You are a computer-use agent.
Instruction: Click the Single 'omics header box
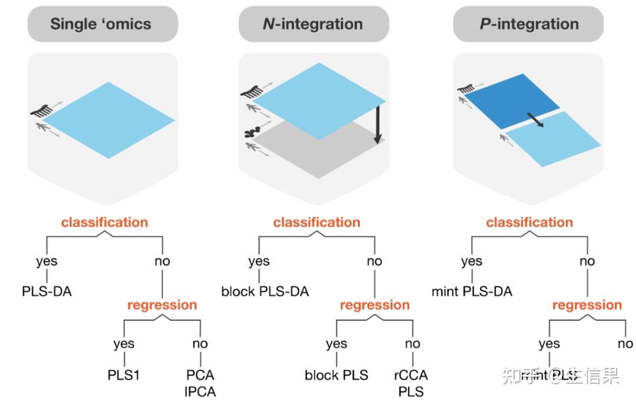click(101, 24)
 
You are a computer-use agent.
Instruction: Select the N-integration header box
click(313, 24)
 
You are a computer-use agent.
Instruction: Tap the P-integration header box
click(529, 24)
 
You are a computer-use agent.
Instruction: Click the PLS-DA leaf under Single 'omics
click(47, 291)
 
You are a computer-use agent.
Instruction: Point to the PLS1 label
click(124, 375)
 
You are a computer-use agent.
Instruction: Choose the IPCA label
click(200, 391)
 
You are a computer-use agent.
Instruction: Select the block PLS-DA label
click(265, 291)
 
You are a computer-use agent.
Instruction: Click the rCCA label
click(411, 375)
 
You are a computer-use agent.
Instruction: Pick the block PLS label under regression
click(336, 375)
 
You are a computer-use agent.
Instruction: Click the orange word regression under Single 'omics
click(162, 305)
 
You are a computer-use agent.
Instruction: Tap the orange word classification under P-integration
click(529, 222)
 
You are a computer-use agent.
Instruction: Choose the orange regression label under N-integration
click(375, 305)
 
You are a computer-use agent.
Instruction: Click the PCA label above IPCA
click(200, 375)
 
